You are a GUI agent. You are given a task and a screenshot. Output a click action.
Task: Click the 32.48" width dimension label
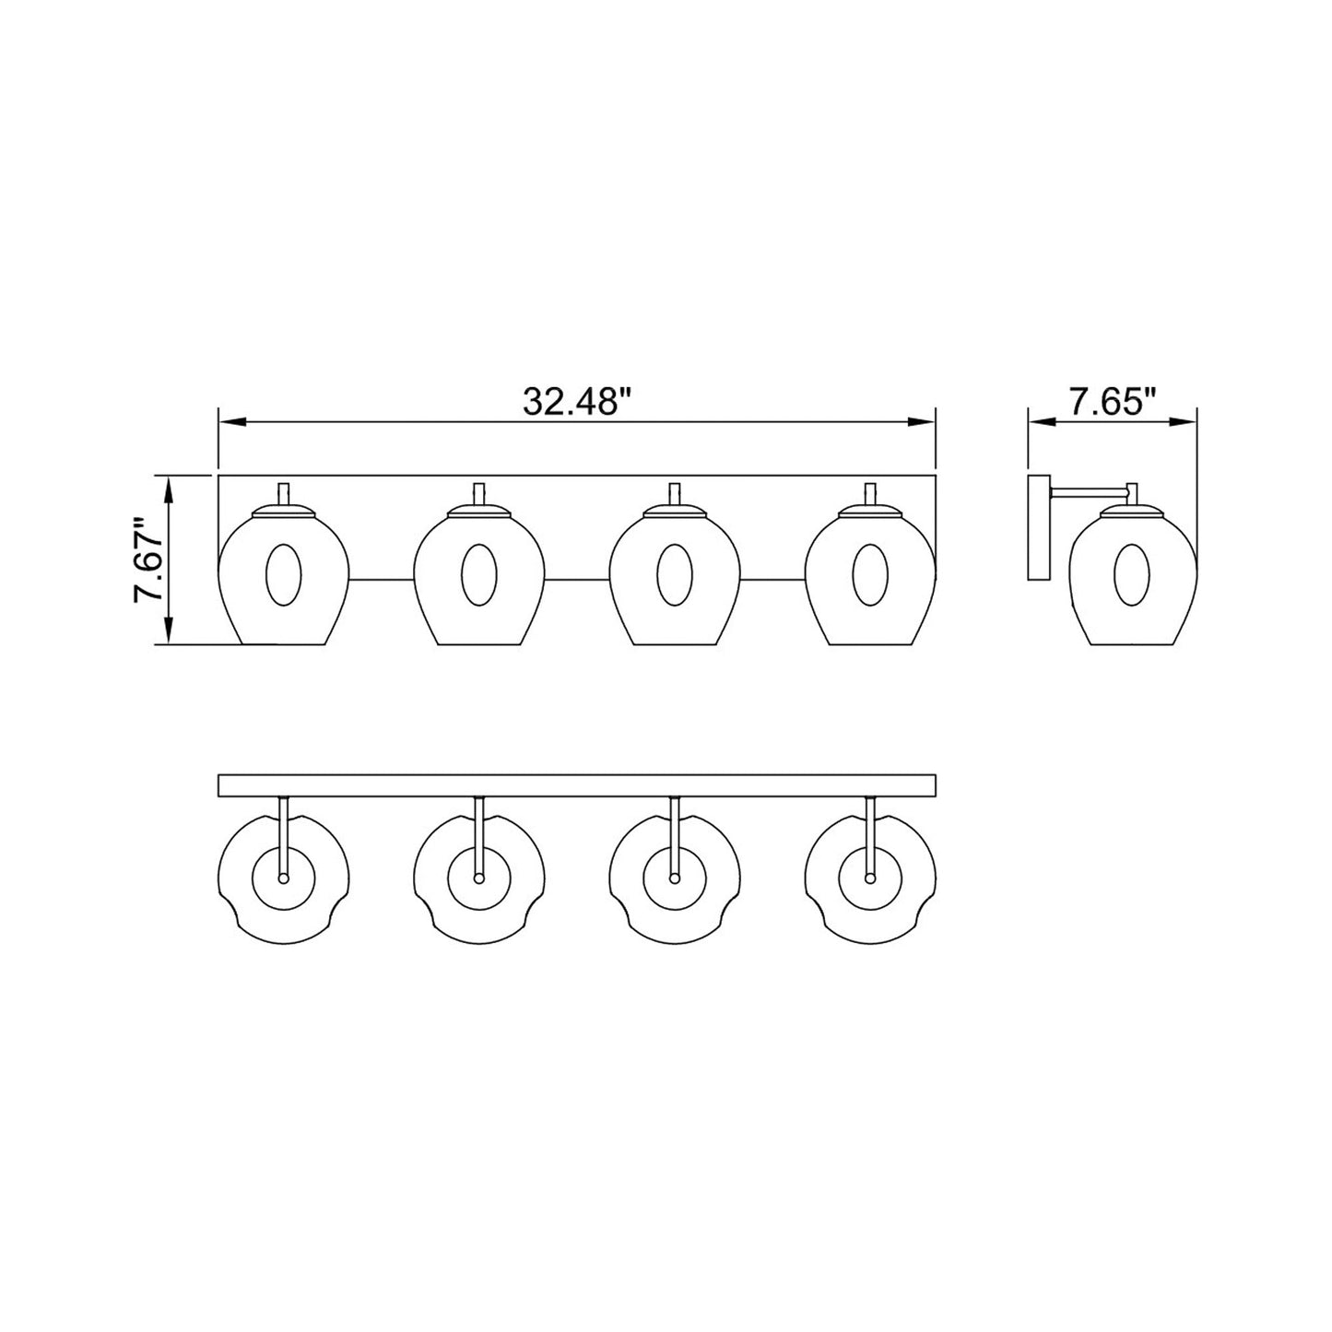click(576, 402)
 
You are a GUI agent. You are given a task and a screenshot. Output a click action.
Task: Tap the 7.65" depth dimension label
click(1112, 402)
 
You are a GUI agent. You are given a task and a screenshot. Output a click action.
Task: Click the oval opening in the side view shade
click(1131, 575)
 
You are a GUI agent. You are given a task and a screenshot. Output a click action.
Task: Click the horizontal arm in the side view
click(1088, 488)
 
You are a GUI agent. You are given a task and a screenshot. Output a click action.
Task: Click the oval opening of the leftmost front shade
click(283, 575)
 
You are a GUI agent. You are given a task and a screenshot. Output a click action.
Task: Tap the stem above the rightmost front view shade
click(869, 494)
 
